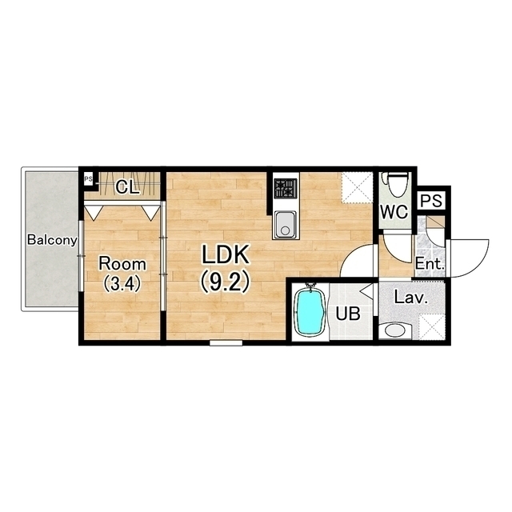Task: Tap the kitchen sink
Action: [x=285, y=225]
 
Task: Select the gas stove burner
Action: [x=286, y=188]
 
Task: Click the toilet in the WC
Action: [x=397, y=183]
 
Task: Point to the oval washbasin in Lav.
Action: [x=395, y=330]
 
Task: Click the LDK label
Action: [x=226, y=254]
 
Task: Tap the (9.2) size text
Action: [x=225, y=282]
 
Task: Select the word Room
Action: [x=122, y=264]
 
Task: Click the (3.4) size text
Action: [x=122, y=283]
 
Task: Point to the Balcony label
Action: [x=52, y=240]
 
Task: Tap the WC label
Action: [x=394, y=212]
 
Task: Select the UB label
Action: [x=348, y=314]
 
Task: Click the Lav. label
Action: [x=411, y=298]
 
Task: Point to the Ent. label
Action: [x=430, y=264]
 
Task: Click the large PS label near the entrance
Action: [x=431, y=201]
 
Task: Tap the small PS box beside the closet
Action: [x=88, y=179]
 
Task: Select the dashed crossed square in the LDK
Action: [x=357, y=188]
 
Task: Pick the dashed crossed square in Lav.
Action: [x=432, y=326]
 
